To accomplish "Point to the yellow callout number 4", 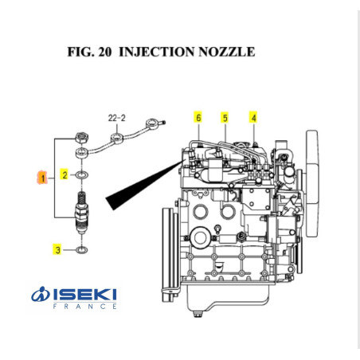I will point(253,118).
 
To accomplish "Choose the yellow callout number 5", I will point(225,118).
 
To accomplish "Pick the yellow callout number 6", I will point(198,118).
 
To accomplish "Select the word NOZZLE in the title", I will point(226,53).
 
